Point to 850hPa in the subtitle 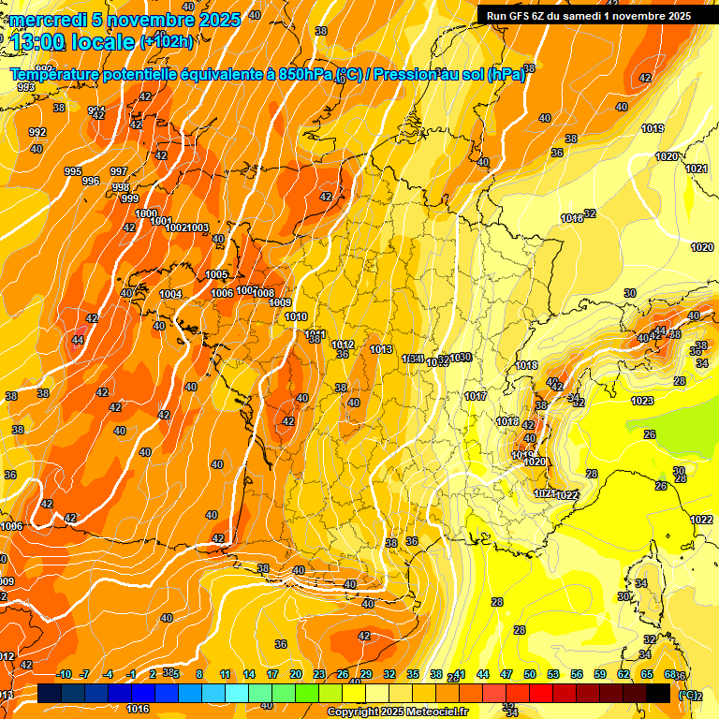pyautogui.click(x=305, y=74)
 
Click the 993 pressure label pyautogui.click(x=26, y=87)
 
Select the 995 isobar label pyautogui.click(x=73, y=171)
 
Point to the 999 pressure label pyautogui.click(x=130, y=198)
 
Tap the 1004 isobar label pyautogui.click(x=170, y=295)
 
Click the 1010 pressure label pyautogui.click(x=296, y=317)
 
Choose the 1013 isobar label pyautogui.click(x=381, y=349)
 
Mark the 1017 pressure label pyautogui.click(x=476, y=397)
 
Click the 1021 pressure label pyautogui.click(x=696, y=169)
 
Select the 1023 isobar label pyautogui.click(x=642, y=401)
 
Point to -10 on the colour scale pyautogui.click(x=64, y=674)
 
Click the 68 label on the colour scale pyautogui.click(x=670, y=674)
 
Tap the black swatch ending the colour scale pyautogui.click(x=658, y=693)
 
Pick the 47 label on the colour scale pyautogui.click(x=506, y=674)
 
